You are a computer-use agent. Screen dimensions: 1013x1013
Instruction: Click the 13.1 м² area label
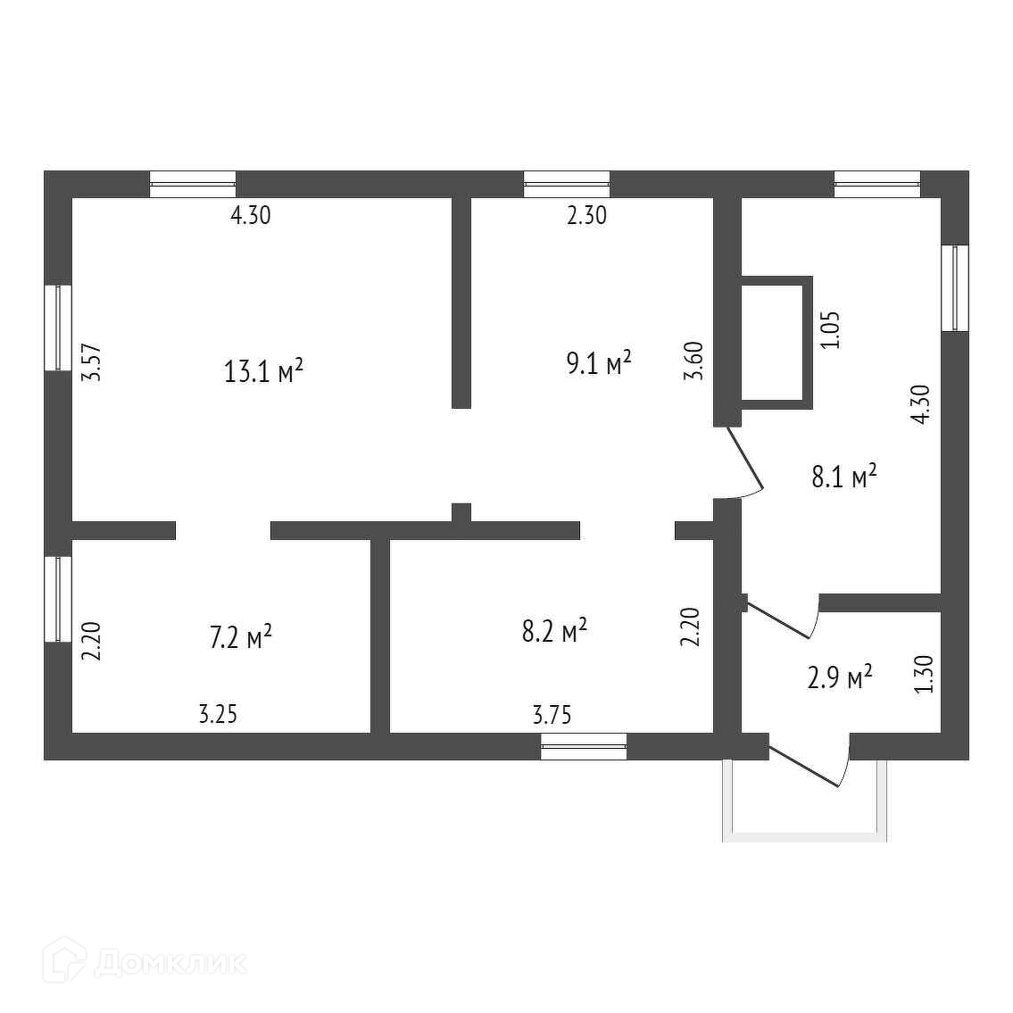264,370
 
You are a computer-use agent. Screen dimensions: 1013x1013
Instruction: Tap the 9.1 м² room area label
600,363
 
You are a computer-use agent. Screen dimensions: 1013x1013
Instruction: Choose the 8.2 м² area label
554,631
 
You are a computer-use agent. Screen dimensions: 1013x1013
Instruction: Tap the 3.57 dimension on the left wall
91,363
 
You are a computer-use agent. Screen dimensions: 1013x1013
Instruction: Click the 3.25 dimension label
218,714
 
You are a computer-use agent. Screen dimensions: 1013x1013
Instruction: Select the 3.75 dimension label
552,714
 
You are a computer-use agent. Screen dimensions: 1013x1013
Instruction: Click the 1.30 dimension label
925,674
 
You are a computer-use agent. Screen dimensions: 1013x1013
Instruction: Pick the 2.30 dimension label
586,215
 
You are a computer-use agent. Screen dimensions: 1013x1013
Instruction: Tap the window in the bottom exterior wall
584,746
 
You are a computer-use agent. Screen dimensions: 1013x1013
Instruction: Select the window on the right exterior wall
954,288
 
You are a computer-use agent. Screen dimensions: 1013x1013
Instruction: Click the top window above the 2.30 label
567,184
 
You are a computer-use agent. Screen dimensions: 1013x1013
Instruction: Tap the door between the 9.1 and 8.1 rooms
745,461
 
